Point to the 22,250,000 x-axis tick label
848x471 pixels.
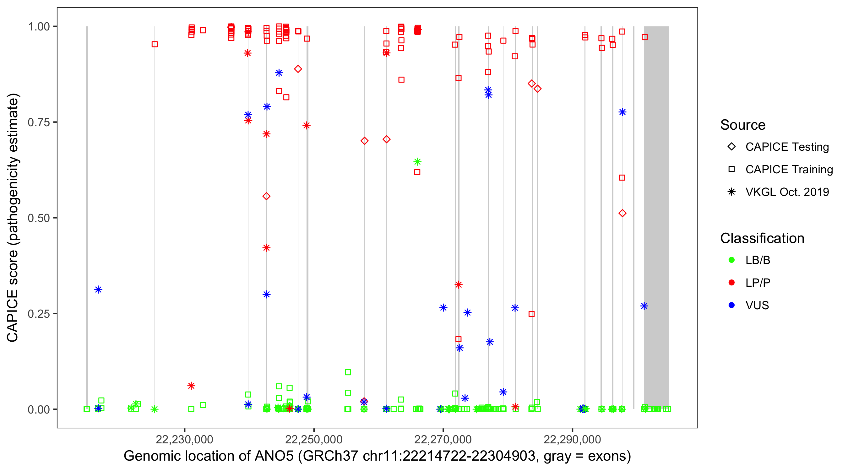313,439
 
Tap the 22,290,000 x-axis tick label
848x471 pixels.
572,439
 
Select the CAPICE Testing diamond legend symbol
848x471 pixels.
731,147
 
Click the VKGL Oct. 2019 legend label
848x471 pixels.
787,192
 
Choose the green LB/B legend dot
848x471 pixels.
731,260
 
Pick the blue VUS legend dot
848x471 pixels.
731,305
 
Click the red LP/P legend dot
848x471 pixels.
731,283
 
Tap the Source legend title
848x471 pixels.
743,125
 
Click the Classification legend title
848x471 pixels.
762,238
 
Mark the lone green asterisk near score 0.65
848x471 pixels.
417,162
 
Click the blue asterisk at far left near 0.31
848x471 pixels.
98,290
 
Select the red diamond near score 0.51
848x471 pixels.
622,213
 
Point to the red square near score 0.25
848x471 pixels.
531,314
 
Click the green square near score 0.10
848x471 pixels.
348,372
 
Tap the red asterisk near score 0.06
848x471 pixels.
191,386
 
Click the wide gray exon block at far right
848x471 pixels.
656,217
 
